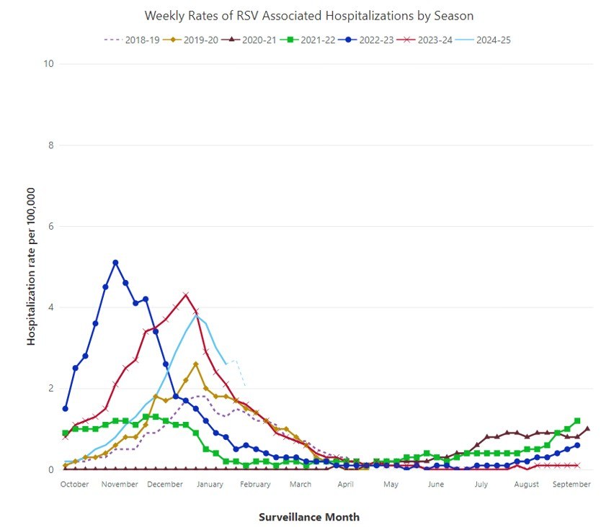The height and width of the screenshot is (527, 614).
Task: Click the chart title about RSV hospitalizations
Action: point(309,15)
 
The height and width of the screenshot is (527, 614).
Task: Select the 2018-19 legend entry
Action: point(137,40)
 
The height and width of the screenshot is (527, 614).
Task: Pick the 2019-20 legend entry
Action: point(195,40)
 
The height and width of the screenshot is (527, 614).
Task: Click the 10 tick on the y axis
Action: point(49,64)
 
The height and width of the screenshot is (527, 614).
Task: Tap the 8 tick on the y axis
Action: point(51,145)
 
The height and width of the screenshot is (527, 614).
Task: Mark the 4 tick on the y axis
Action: point(51,307)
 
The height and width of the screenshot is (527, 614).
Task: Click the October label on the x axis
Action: point(74,485)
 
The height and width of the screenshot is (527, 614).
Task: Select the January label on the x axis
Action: point(210,485)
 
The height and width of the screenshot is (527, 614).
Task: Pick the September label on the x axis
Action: point(572,485)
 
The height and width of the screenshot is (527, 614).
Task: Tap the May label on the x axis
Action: point(391,485)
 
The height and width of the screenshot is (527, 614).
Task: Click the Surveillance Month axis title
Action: point(308,517)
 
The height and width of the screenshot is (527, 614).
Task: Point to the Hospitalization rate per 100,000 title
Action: point(32,266)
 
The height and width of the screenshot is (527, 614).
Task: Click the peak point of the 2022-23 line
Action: point(115,263)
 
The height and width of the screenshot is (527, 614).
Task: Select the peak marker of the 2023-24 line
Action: point(186,294)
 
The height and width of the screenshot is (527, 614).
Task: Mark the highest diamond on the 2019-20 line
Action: point(195,364)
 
